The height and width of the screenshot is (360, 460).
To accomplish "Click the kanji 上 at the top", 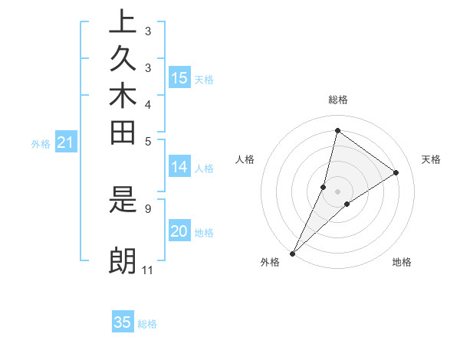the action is (123, 22).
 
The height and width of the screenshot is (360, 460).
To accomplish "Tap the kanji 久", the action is (123, 60).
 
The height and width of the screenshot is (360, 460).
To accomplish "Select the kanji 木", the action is (123, 97).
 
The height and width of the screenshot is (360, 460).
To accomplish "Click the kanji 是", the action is (123, 202).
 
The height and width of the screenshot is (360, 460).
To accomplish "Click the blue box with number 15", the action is (179, 77).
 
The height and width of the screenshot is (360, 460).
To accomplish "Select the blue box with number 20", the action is (179, 232).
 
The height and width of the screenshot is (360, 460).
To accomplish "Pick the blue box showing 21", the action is (65, 142).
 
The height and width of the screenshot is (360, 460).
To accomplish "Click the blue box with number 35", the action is (123, 322).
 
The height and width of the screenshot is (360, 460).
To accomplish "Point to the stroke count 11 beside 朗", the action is (148, 270).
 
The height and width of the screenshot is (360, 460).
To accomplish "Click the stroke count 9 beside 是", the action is (148, 208).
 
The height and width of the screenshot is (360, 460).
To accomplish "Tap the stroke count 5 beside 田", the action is (148, 141).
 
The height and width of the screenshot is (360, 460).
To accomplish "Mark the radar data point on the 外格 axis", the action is (293, 254).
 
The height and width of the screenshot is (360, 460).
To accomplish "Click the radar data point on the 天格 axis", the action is (396, 173).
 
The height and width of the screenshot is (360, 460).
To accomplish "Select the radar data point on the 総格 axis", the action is (337, 130).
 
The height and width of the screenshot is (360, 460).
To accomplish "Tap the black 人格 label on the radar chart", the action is (245, 159).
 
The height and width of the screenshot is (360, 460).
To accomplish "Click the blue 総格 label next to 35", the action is (147, 324).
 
